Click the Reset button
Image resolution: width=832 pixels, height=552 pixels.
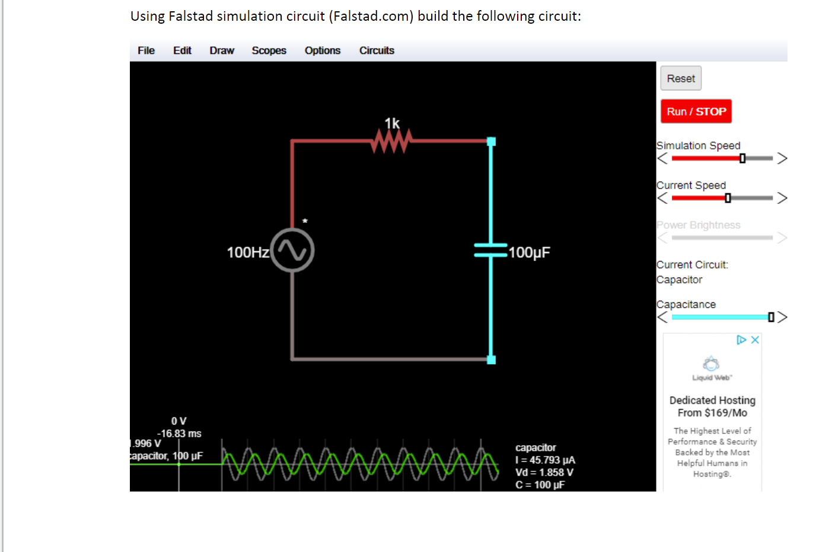[x=681, y=78]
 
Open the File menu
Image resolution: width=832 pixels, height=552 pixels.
[x=146, y=50]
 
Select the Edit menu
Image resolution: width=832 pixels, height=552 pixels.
[x=182, y=50]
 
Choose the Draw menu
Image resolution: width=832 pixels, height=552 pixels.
[x=222, y=50]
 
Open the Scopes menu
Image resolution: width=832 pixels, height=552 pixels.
[x=269, y=50]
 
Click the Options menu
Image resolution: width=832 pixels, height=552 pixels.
[x=323, y=50]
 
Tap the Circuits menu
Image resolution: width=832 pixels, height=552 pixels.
[x=377, y=50]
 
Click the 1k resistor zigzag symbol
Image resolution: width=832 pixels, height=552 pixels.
[x=391, y=141]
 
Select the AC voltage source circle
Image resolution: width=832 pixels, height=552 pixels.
[x=292, y=250]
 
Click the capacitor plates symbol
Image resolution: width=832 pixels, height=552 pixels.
[x=491, y=251]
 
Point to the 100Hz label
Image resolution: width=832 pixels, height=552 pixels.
[x=248, y=253]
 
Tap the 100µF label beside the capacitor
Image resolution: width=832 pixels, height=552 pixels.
[x=529, y=253]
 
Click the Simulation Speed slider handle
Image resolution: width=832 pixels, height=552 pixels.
[x=742, y=158]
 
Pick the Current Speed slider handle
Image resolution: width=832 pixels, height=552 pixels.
[x=728, y=198]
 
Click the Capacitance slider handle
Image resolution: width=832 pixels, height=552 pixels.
[x=771, y=317]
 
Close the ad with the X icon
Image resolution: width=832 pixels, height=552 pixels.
[x=755, y=340]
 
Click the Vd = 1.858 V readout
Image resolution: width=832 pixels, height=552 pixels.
[x=544, y=473]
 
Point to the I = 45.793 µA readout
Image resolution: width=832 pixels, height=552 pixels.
[x=546, y=460]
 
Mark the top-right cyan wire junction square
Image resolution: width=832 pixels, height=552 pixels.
[x=491, y=141]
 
